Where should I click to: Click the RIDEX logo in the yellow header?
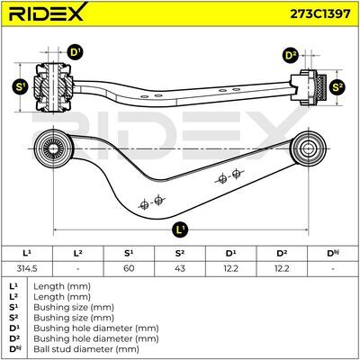pos(48,13)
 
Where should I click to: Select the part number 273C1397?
pos(319,13)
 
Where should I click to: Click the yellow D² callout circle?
pos(291,56)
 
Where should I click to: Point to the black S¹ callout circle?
pos(20,87)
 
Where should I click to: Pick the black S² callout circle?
pos(337,87)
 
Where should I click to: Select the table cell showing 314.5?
pos(27,268)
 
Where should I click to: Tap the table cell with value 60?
pos(129,268)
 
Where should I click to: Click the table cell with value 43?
pos(180,268)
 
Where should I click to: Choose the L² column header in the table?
pos(78,254)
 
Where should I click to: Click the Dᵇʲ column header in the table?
pos(333,254)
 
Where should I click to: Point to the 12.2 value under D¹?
pos(230,268)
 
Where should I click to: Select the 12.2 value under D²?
pos(282,268)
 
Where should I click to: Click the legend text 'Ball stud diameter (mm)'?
pos(86,349)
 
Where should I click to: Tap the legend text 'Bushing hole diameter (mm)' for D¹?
pos(96,328)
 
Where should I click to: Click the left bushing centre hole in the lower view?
pos(53,148)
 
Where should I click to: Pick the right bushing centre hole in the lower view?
pos(307,148)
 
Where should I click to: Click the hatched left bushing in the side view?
pos(53,87)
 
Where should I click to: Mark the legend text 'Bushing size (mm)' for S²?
pos(74,318)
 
